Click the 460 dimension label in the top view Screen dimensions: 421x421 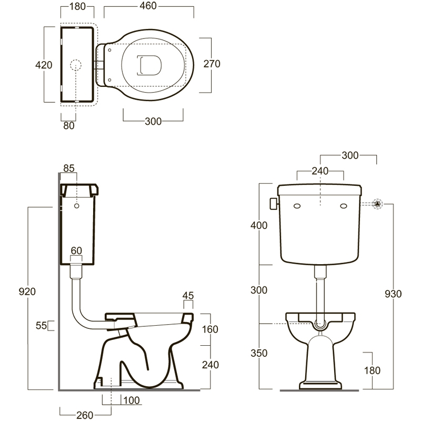coord(148,6)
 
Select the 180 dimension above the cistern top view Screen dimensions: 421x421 coord(77,6)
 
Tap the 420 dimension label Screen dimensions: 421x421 coord(44,65)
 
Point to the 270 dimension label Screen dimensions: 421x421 coord(212,64)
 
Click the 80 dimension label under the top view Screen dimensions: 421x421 coord(69,125)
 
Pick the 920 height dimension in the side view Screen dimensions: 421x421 coord(27,292)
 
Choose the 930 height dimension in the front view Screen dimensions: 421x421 coord(393,294)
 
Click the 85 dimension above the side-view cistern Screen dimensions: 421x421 coord(69,168)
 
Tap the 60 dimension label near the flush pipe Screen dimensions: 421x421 coord(76,251)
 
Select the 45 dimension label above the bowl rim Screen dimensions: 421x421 coord(188,296)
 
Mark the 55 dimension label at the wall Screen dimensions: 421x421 coord(42,326)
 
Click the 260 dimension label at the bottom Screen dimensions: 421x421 coord(85,415)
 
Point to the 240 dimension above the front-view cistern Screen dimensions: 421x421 coord(320,171)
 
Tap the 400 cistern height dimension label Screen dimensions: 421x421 coord(259,226)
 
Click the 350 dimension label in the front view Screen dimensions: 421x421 coord(259,353)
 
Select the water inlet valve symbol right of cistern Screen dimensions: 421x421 coord(377,204)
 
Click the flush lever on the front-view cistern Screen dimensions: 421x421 coord(274,204)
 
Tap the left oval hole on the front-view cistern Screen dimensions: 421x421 coord(297,206)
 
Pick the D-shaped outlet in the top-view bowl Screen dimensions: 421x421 coord(149,65)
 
